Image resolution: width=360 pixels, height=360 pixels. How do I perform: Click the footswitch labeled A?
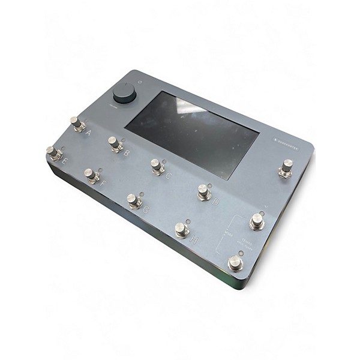(x=77, y=124)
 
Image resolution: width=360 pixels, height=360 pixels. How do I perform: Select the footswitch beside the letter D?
(x=204, y=192)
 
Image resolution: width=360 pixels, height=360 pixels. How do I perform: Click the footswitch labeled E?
(x=54, y=153)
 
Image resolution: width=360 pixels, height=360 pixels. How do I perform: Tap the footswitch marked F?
(x=91, y=175)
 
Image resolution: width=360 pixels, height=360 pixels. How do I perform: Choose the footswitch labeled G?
(x=134, y=200)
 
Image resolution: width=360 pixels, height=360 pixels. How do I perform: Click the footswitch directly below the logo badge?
(x=286, y=168)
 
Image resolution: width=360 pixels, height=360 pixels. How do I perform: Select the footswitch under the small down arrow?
(x=257, y=221)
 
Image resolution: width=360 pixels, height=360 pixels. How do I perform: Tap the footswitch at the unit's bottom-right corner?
(x=235, y=263)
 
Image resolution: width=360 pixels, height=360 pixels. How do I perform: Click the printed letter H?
(x=193, y=239)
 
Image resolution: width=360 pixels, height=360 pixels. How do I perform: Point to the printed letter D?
(x=215, y=202)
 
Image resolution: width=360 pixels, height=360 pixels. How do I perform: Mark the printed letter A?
(x=88, y=133)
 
